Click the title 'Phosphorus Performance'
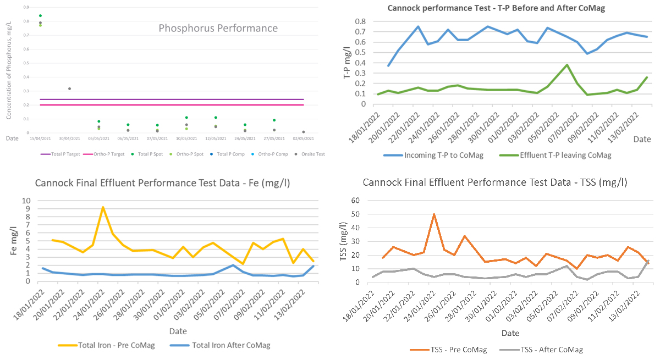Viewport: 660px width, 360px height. point(218,28)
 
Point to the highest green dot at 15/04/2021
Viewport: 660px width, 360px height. point(40,16)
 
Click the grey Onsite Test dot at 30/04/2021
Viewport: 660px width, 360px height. point(69,88)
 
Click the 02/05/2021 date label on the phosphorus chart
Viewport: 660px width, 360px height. point(303,139)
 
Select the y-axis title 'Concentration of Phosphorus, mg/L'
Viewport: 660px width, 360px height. point(9,70)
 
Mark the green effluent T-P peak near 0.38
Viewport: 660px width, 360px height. point(567,65)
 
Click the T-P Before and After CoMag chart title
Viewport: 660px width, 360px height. point(495,8)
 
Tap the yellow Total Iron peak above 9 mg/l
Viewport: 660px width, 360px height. point(103,207)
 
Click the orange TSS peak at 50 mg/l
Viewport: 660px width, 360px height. point(434,214)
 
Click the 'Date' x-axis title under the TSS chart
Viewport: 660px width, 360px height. point(510,333)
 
